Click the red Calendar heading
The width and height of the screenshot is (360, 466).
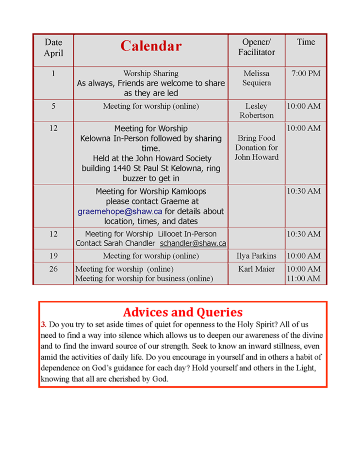[151, 46]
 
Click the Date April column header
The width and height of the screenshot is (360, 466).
[53, 47]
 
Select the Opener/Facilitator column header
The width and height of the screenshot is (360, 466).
[256, 47]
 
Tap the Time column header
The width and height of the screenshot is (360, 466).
[306, 42]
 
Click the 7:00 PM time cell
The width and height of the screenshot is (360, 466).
[306, 74]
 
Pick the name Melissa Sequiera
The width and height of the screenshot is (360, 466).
[256, 78]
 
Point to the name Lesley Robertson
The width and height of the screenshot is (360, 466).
[256, 111]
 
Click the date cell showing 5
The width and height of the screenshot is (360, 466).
[53, 106]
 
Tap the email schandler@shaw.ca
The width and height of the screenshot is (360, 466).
[193, 243]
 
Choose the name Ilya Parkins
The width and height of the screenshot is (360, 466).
[256, 256]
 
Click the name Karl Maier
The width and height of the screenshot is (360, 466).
[256, 268]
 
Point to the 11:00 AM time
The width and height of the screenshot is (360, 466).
[306, 279]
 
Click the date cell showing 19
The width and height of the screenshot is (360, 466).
[53, 256]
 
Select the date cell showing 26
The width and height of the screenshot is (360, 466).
[53, 269]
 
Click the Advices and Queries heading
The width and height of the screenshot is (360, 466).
[183, 312]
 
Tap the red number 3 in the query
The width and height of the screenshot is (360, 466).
[43, 324]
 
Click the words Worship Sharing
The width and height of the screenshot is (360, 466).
[151, 74]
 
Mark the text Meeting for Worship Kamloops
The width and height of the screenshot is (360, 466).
[151, 191]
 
